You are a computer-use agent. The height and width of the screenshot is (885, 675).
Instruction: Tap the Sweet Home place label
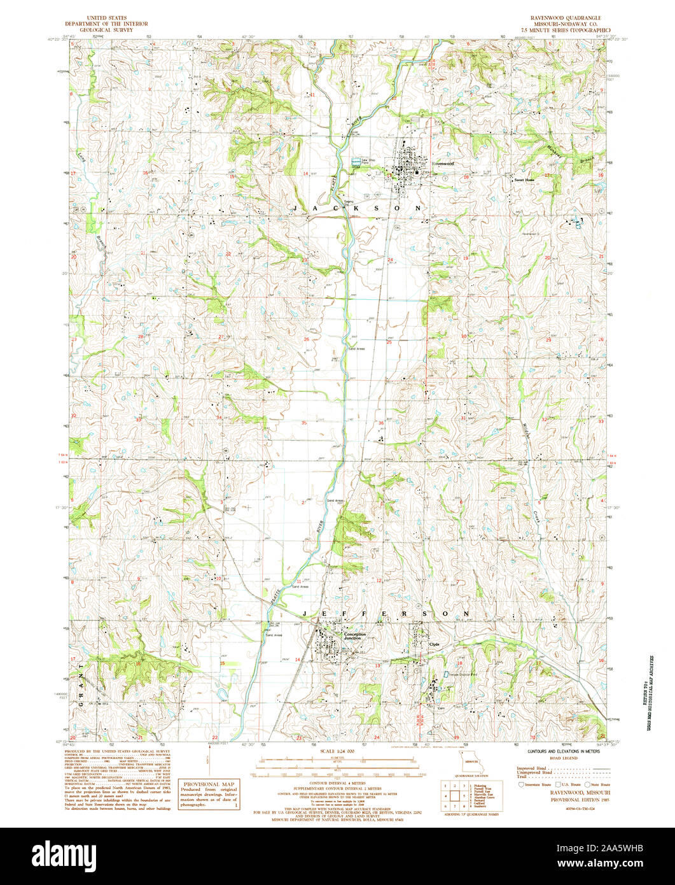coord(525,180)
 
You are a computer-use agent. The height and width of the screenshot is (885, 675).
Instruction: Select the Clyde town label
coord(435,644)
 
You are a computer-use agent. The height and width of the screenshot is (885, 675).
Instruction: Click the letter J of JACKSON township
coord(297,208)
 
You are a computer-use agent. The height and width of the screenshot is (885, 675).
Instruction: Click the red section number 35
coord(304,423)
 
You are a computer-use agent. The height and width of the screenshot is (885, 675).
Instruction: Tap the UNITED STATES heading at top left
coord(106,18)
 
